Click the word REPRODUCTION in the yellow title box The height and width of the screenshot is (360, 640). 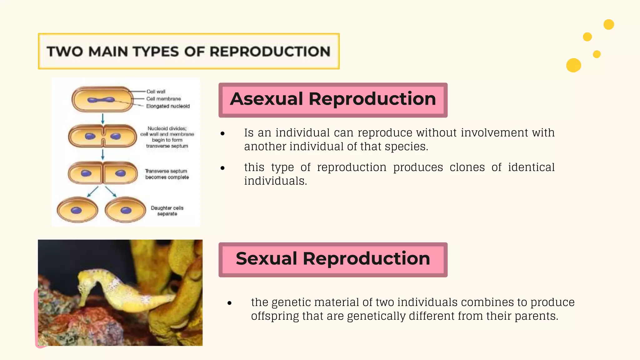tap(270, 52)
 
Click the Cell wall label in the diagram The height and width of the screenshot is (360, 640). tap(156, 92)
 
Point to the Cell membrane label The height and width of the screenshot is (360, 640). tap(163, 99)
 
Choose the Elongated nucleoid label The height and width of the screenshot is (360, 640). tap(168, 106)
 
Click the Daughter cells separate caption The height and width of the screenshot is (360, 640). tap(167, 211)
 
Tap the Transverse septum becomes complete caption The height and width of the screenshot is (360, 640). tap(167, 174)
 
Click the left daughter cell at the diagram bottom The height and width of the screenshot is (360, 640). tap(77, 210)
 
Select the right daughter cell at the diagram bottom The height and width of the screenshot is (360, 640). tap(125, 210)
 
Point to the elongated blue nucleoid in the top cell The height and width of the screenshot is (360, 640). tap(101, 100)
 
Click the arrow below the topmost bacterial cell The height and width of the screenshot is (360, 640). tap(102, 119)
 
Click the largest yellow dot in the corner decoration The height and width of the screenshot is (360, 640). tap(573, 65)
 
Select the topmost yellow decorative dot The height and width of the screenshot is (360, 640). tap(609, 24)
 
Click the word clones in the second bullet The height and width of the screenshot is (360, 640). tap(467, 167)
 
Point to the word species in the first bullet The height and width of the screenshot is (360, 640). tap(405, 147)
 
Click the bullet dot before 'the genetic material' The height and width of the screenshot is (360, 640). tap(230, 303)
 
